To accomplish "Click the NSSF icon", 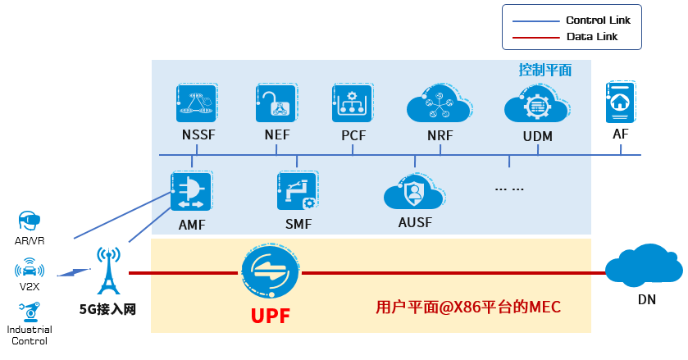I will pyautogui.click(x=196, y=103).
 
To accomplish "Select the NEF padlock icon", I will pyautogui.click(x=276, y=103).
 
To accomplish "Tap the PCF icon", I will pyautogui.click(x=353, y=103).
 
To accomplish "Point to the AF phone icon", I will pyautogui.click(x=620, y=102).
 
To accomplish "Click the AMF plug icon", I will pyautogui.click(x=190, y=192).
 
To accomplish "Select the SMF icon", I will pyautogui.click(x=296, y=192).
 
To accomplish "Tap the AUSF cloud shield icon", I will pyautogui.click(x=413, y=194).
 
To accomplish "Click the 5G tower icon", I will pyautogui.click(x=107, y=271).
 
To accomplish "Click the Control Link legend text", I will pyautogui.click(x=598, y=20).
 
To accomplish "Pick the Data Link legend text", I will pyautogui.click(x=592, y=37).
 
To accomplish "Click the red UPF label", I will pyautogui.click(x=270, y=315).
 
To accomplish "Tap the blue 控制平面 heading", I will pyautogui.click(x=544, y=70).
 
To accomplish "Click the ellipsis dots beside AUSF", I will pyautogui.click(x=509, y=189).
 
